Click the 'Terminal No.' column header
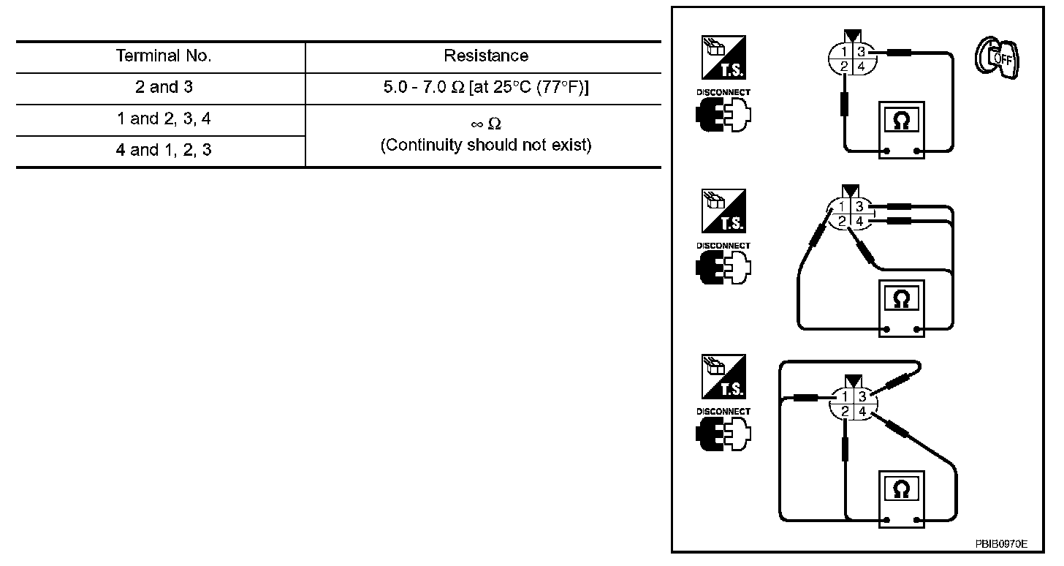(163, 56)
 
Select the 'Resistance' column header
(486, 56)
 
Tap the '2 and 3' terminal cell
(163, 88)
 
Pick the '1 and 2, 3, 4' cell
(163, 119)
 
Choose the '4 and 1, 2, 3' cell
(163, 151)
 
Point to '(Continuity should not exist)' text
(486, 145)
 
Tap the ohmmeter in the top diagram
(901, 129)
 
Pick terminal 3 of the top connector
(862, 52)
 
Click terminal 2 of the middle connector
(843, 222)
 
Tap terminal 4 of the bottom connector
(862, 412)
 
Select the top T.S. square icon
(723, 57)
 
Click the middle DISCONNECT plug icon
(723, 268)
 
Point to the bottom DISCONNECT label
(723, 412)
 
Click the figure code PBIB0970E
(1000, 544)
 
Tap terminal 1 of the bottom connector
(844, 396)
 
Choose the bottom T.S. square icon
(723, 377)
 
